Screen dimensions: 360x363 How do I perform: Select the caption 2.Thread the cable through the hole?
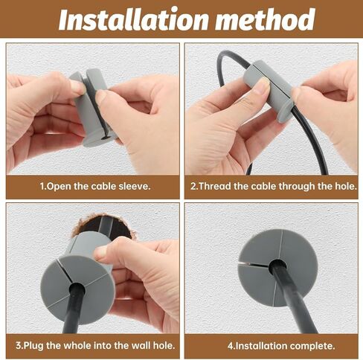tap(272, 186)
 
